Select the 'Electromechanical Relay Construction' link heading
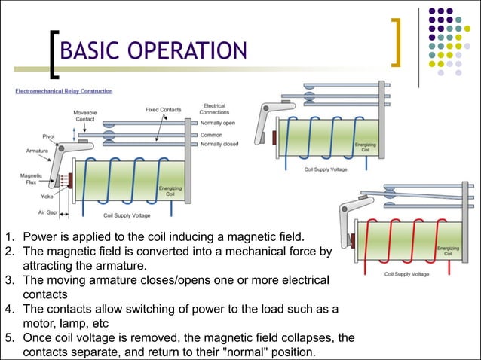63,91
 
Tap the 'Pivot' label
48,136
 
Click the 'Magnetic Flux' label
31,178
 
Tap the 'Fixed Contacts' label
163,110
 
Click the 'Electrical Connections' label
214,108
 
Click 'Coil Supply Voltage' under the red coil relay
406,274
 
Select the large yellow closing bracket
397,44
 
